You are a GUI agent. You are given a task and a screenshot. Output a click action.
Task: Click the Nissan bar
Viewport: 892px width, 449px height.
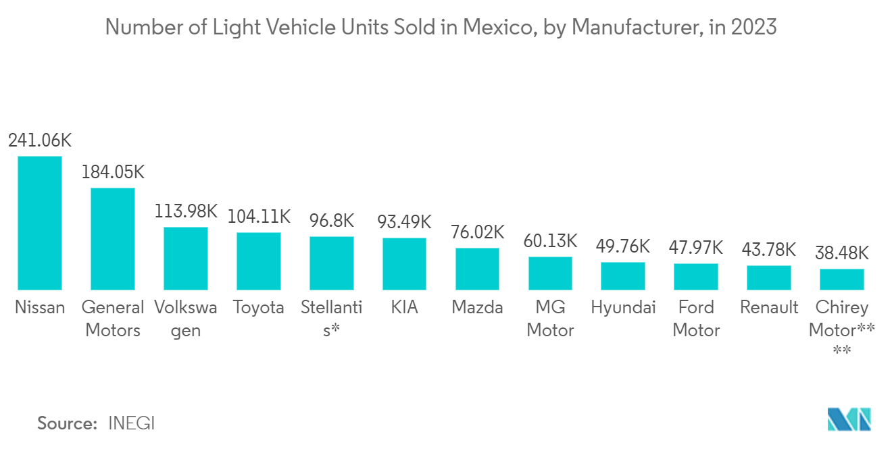coord(40,223)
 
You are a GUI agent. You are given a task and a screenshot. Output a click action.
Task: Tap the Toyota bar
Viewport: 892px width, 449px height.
coord(258,261)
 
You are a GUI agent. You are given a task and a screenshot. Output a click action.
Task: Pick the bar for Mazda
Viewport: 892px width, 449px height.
coord(477,269)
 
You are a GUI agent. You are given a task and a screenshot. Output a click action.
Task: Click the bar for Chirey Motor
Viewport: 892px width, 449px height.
coord(842,279)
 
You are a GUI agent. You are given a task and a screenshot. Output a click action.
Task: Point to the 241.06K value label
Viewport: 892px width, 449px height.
coord(40,140)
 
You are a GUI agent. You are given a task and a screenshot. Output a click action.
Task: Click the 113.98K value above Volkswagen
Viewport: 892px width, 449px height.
coord(186,211)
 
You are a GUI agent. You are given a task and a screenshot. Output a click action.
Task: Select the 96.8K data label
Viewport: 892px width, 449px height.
coord(331,220)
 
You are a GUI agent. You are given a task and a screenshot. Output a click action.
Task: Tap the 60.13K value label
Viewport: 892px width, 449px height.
coord(550,241)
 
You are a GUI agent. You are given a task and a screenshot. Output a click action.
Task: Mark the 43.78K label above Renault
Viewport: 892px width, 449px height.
coord(769,250)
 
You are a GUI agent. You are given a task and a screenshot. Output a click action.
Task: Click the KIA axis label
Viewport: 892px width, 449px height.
coord(404,308)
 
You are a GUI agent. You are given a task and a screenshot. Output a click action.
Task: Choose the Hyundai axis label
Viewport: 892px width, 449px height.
coord(623,308)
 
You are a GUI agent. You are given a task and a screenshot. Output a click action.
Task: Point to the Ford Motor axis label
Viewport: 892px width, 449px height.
coord(696,319)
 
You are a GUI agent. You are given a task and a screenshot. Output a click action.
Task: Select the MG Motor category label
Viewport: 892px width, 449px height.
coord(550,319)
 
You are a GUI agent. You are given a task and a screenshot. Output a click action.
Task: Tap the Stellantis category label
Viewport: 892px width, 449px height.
coord(331,319)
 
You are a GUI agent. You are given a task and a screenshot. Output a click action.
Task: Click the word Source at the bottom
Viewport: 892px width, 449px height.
coord(67,423)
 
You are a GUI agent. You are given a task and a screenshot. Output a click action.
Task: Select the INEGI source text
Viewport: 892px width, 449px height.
coord(131,423)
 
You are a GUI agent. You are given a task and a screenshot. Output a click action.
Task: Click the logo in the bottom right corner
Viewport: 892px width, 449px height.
coord(849,419)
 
